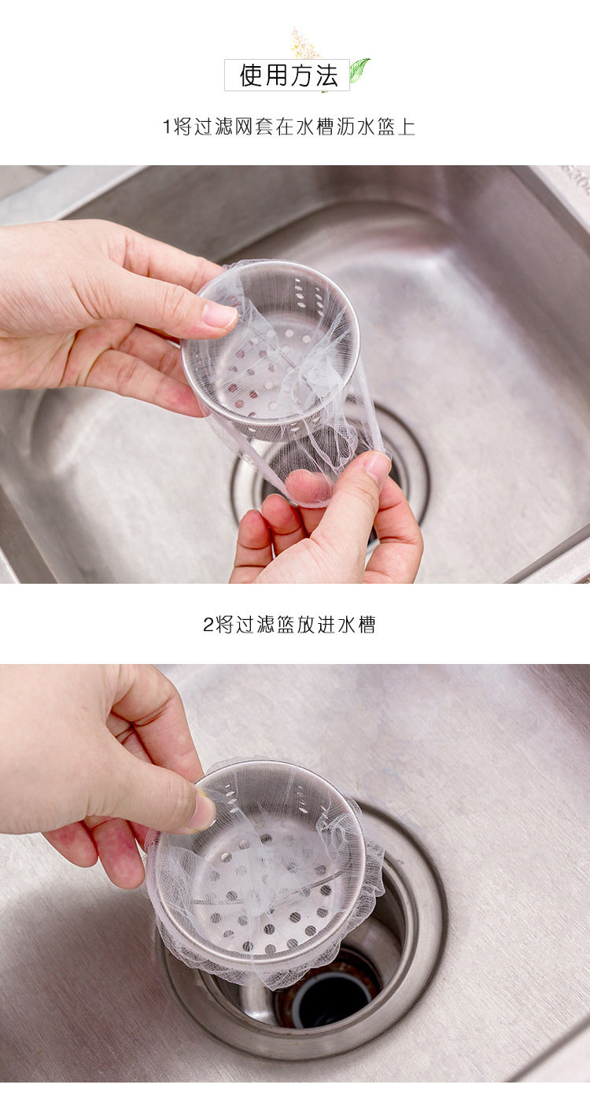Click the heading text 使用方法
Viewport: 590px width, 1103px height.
tap(288, 76)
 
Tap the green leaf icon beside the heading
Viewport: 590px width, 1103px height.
tap(359, 71)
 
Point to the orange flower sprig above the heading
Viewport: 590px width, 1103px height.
tap(304, 43)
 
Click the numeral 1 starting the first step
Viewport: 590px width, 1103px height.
tap(166, 127)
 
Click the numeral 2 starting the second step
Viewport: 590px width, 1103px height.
tap(208, 625)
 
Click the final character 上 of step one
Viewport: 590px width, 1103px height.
tap(406, 127)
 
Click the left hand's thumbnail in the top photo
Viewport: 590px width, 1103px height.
tap(219, 315)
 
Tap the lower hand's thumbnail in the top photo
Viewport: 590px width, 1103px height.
tap(378, 467)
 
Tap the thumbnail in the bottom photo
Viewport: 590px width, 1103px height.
tap(202, 811)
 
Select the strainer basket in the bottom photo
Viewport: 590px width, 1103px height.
tap(260, 865)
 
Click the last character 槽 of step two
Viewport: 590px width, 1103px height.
tap(366, 625)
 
